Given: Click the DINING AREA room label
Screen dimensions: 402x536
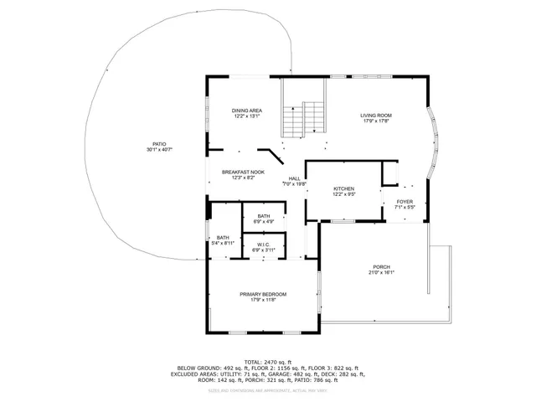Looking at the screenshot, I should [246, 110].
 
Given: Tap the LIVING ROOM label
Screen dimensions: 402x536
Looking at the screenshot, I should [376, 115].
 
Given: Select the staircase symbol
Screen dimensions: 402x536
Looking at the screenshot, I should [302, 117].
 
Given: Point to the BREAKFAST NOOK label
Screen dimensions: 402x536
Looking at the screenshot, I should [243, 172].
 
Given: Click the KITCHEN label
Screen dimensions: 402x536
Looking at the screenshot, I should [344, 189].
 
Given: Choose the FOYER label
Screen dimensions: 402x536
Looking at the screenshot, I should [405, 201].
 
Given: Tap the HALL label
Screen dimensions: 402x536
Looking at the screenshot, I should [295, 178].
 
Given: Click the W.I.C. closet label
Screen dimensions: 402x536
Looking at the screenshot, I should [264, 245].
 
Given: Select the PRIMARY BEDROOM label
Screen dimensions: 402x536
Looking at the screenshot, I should [263, 294].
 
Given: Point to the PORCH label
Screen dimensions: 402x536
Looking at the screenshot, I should [382, 267].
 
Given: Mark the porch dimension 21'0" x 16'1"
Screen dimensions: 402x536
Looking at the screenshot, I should [382, 273].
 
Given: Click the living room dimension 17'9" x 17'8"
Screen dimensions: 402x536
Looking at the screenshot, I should [376, 121].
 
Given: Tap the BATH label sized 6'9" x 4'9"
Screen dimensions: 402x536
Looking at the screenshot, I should [264, 217].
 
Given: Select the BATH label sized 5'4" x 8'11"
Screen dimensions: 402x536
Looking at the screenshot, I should [223, 238].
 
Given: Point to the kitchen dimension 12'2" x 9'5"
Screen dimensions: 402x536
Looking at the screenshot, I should [344, 195].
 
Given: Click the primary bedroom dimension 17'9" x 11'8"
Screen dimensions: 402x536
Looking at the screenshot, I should [263, 300].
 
